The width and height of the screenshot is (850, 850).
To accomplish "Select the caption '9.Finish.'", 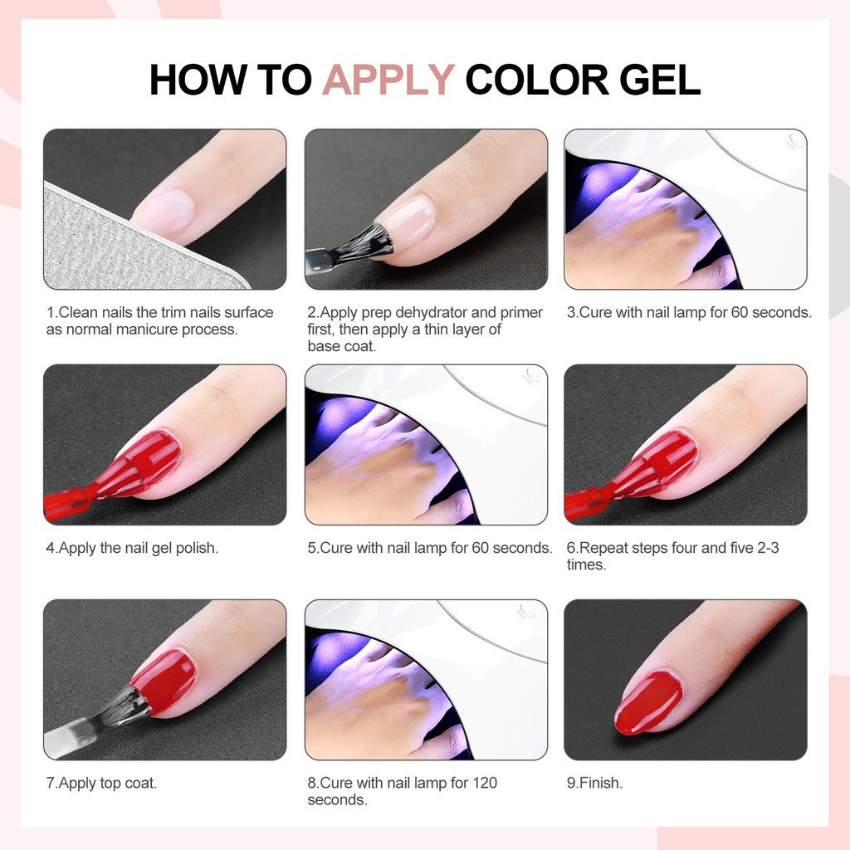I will (594, 783).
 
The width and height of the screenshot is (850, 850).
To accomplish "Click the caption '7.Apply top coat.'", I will (101, 783).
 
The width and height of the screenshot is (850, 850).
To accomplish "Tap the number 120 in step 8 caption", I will (485, 783).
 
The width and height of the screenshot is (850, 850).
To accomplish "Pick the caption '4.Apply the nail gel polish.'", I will (132, 548).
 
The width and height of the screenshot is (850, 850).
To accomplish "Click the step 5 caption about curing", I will (429, 548).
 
